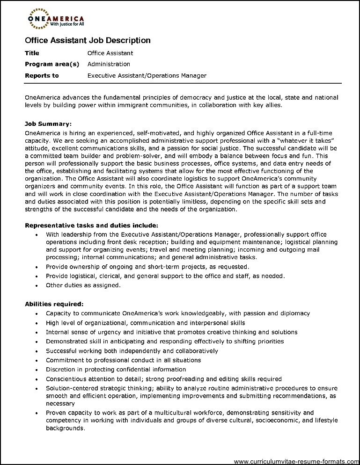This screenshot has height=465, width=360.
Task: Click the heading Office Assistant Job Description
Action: pos(88,40)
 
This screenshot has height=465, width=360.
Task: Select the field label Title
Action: pos(32,53)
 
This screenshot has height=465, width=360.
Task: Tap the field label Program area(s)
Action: pos(52,64)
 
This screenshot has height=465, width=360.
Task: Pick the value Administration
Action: pos(109,64)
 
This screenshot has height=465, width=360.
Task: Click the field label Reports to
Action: pos(42,75)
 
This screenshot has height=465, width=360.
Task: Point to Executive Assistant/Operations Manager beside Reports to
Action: pos(147,75)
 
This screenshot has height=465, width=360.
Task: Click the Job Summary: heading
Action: pos(48,124)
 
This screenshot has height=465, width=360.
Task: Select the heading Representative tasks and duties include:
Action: pos(92,225)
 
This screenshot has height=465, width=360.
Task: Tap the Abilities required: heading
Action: pos(54,304)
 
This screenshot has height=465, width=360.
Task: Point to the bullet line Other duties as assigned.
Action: pos(83,285)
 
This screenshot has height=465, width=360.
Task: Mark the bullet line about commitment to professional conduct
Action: pos(123,360)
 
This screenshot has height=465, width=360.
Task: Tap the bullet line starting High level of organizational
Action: pos(145,323)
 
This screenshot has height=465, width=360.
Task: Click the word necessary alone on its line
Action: pos(60,403)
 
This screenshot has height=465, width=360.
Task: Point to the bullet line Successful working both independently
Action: pos(132,351)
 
